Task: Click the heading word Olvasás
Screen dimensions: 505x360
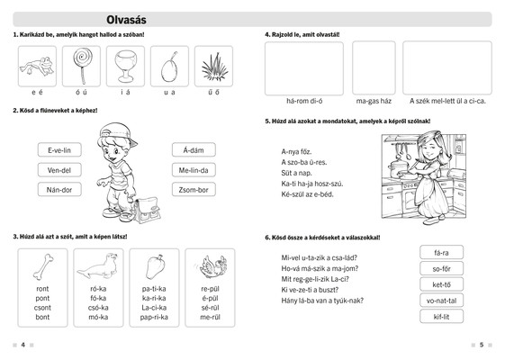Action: point(126,20)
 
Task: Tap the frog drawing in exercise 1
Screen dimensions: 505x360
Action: point(37,66)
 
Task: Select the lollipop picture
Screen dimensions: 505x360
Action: point(82,66)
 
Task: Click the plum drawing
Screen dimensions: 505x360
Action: point(169,67)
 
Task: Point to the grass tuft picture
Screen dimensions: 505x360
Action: point(214,67)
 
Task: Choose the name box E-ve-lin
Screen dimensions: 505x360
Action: point(59,150)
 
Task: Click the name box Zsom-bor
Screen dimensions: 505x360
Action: point(194,190)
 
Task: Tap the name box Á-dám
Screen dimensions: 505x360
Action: point(194,150)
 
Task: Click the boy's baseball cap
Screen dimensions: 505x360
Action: point(118,132)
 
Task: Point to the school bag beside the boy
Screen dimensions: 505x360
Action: point(147,211)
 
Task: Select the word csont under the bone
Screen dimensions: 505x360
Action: point(42,308)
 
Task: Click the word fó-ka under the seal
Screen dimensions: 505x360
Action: point(98,298)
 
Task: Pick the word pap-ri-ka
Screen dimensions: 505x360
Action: point(154,317)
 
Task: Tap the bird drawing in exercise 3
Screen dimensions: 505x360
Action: point(212,266)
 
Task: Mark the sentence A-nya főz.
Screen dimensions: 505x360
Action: point(296,152)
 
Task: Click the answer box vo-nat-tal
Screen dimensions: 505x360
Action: point(442,301)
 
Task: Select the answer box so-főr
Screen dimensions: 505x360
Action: point(442,268)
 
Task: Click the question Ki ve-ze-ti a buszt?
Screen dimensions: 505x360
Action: point(310,290)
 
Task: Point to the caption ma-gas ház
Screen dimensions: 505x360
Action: point(374,101)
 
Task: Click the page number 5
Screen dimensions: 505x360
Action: point(482,345)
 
